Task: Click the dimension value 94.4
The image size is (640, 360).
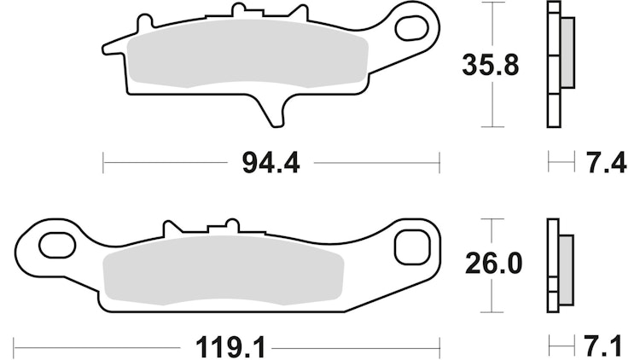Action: tap(272, 162)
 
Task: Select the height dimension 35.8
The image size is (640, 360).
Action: tap(489, 65)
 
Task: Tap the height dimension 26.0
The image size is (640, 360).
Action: tap(491, 264)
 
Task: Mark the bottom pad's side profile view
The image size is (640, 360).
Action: tap(555, 264)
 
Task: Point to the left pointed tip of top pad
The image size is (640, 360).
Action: tap(106, 47)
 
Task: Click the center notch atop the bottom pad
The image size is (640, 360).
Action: tap(220, 229)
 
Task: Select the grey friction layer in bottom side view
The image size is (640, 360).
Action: tap(565, 264)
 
